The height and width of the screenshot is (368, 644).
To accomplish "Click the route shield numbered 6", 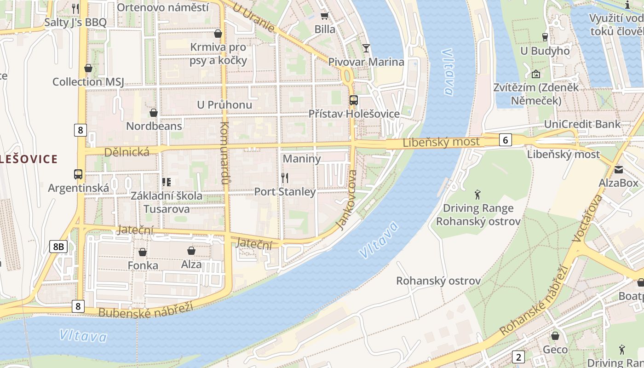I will click(505, 140).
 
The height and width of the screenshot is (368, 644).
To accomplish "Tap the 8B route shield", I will click(58, 247).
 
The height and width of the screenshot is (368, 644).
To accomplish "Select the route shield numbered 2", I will click(518, 356).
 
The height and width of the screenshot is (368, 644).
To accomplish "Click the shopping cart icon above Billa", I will click(324, 16).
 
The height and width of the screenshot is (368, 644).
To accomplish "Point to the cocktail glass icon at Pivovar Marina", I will click(366, 48).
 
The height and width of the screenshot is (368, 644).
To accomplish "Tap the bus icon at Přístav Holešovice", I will click(353, 100).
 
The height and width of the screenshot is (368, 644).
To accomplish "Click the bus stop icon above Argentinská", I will click(78, 174).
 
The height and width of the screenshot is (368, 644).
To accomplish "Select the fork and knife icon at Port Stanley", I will click(285, 178).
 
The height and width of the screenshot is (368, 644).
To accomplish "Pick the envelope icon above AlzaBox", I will click(618, 170).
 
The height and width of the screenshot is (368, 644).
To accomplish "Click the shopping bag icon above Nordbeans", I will click(154, 113).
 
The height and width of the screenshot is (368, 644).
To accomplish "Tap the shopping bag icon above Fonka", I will click(143, 252).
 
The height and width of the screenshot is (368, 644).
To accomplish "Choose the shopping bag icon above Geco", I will click(555, 336).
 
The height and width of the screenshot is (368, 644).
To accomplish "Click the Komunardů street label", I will click(224, 153).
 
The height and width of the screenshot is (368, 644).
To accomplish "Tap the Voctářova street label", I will click(587, 218).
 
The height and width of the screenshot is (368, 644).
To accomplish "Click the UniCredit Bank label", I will click(582, 124).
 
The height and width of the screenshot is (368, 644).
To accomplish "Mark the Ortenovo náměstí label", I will click(162, 7).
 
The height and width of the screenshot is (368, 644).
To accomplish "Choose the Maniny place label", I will click(301, 159).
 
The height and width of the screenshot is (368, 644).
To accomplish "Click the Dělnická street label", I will click(126, 152).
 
